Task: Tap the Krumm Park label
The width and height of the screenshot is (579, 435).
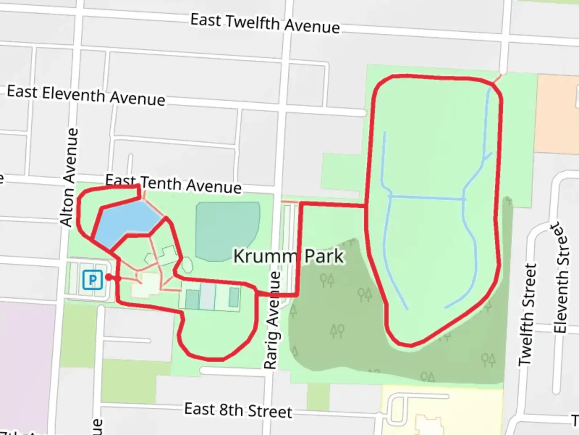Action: coord(289,256)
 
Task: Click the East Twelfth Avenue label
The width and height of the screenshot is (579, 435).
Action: coord(265,23)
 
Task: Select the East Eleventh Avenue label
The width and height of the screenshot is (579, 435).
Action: coord(86,95)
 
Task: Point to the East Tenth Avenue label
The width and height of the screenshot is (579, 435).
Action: coord(173,184)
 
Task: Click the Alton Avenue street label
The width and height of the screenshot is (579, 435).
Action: coord(69,177)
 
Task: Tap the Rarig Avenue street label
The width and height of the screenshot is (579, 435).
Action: coord(273,320)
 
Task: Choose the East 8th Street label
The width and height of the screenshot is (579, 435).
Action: coord(238,410)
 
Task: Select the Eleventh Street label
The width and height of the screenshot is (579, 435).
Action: coord(562,278)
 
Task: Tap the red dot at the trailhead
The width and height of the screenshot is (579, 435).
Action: coord(108,278)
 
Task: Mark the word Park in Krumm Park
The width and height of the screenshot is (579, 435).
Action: coord(324,257)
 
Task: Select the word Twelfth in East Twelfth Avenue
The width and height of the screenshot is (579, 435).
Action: coord(253,22)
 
